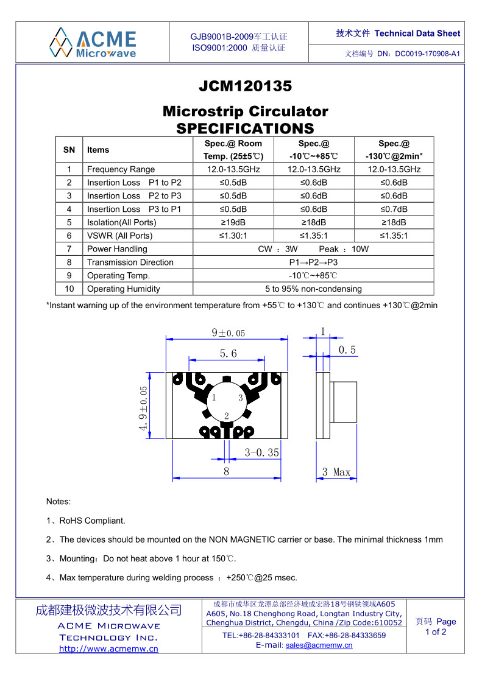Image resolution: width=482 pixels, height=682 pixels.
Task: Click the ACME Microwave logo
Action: point(93,42)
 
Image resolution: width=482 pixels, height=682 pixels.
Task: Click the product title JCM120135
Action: point(245,86)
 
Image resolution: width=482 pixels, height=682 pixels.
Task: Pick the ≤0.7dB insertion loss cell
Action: point(394,209)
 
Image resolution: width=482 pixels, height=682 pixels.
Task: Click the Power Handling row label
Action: point(117,249)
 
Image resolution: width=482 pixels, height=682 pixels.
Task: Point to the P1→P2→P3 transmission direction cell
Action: point(313,262)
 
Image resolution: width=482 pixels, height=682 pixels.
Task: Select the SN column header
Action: point(69,150)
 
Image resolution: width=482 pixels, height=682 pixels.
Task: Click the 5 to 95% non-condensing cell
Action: point(313,289)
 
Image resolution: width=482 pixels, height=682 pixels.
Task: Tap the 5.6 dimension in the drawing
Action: point(229,353)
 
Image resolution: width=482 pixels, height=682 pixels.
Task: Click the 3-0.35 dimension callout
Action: point(262,452)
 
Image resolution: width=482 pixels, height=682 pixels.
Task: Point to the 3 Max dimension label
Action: point(336,472)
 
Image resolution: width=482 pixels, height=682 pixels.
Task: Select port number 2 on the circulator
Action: point(227,416)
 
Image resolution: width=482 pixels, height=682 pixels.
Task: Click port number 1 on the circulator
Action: point(213,398)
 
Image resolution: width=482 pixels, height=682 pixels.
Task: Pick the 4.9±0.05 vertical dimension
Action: point(144,409)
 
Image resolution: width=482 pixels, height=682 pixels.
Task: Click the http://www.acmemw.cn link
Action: point(108,649)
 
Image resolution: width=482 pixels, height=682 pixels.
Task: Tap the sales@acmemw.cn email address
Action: point(319,645)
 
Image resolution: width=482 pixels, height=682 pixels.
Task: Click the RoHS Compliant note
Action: point(92,521)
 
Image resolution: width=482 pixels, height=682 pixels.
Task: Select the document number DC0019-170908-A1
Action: point(427,54)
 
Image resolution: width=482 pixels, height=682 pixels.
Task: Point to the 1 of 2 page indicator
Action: point(435,632)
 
